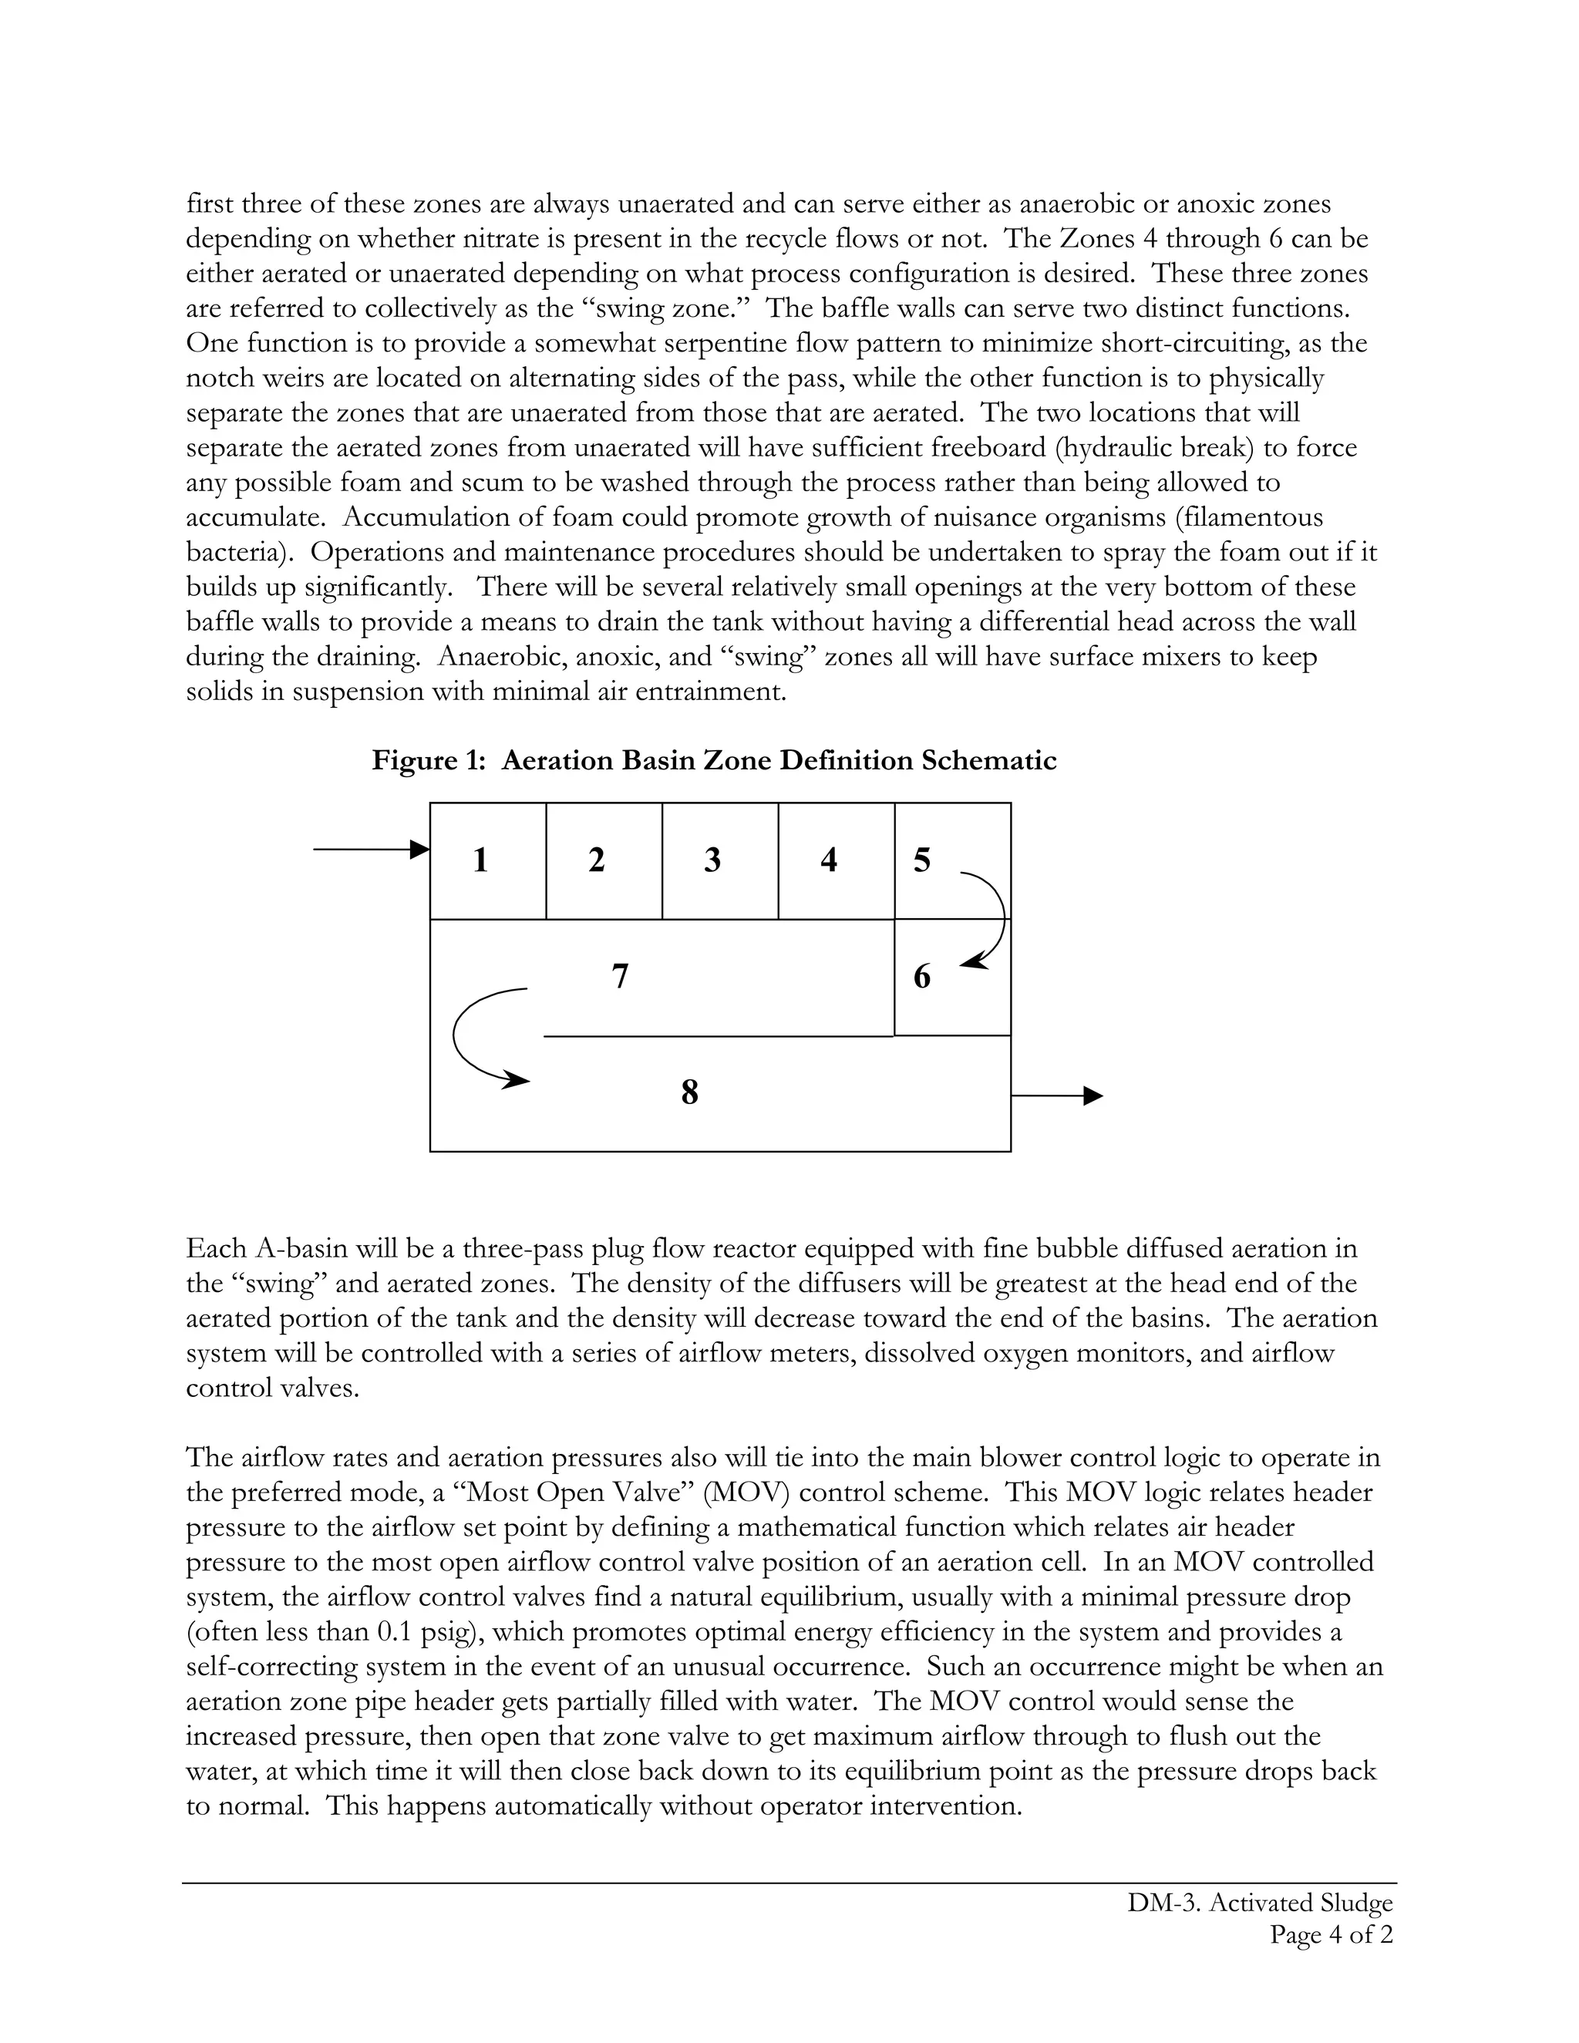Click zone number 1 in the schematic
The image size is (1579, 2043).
click(x=481, y=860)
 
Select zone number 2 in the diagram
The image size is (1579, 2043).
click(x=597, y=860)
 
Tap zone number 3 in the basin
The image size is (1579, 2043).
click(x=713, y=860)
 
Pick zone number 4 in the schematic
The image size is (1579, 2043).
click(x=829, y=860)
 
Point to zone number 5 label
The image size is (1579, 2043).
click(x=922, y=860)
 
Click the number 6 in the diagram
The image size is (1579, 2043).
click(x=922, y=977)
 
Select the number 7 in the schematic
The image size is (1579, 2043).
click(x=620, y=977)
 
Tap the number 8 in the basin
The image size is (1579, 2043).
click(x=690, y=1092)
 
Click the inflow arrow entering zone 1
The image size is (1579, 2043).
click(x=370, y=850)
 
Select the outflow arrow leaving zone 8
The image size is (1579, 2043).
click(x=1057, y=1096)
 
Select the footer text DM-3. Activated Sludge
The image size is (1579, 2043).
click(x=1260, y=1903)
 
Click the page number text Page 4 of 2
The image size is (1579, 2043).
click(x=1331, y=1934)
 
